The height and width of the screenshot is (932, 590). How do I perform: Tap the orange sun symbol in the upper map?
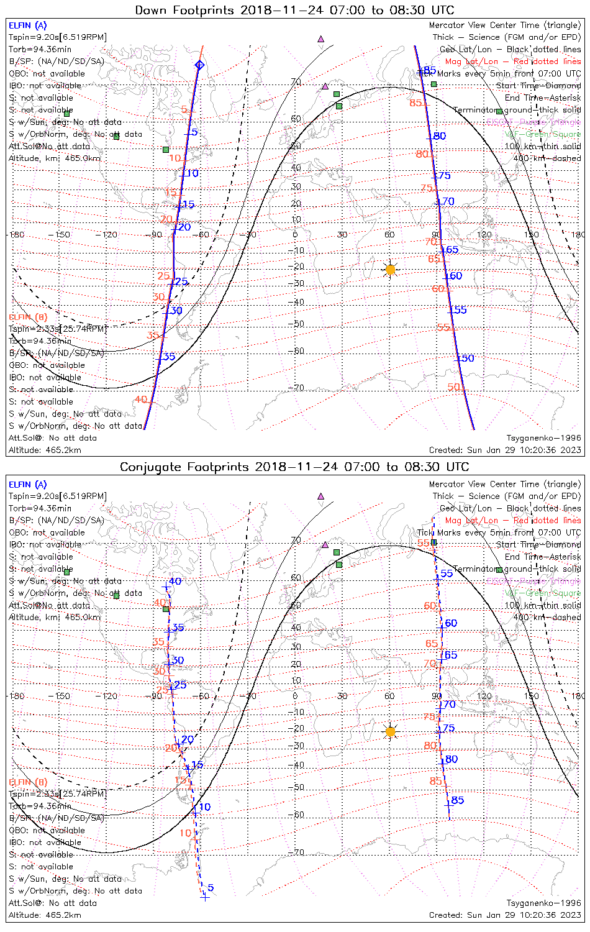pos(390,270)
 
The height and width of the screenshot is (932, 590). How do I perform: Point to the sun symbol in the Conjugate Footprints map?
pos(390,732)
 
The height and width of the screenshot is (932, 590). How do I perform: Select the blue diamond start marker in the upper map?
pos(199,65)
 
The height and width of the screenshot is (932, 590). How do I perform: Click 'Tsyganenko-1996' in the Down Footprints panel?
pos(543,438)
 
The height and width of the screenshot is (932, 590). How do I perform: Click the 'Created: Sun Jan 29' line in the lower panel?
pos(505,915)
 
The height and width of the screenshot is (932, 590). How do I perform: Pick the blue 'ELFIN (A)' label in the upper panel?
pos(27,25)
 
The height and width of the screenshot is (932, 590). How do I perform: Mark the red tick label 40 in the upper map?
pos(141,400)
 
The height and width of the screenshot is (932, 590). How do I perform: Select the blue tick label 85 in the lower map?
pos(458,800)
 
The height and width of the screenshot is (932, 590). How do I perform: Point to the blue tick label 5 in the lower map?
pos(211,888)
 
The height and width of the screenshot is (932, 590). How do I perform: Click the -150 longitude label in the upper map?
pos(62,235)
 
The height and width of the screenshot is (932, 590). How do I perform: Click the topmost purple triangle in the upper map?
pos(321,39)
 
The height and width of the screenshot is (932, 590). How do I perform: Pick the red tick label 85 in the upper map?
pos(415,103)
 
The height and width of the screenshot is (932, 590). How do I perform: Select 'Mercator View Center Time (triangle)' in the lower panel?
pos(505,484)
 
